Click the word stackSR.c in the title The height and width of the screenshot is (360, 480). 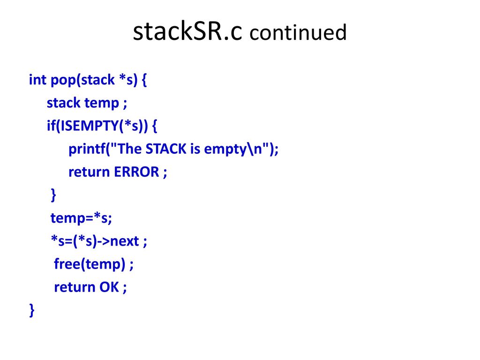pos(187,31)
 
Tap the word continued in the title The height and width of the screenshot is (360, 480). pos(298,32)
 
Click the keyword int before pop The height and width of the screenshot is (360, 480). pos(37,80)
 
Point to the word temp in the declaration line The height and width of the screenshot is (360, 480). pos(102,104)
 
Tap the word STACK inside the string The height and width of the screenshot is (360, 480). pos(166,149)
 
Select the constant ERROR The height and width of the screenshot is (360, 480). pos(136,172)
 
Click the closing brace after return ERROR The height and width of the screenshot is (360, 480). pos(53,195)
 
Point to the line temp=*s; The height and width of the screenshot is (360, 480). pos(81,218)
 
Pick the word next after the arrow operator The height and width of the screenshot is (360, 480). pos(125,241)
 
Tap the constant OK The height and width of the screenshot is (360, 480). pos(109,287)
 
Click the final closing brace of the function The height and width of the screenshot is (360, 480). pos(32,310)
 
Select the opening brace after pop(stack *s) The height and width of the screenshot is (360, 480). pos(144,80)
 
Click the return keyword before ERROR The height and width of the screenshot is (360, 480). pos(89,172)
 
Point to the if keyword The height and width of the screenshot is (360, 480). pos(52,126)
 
